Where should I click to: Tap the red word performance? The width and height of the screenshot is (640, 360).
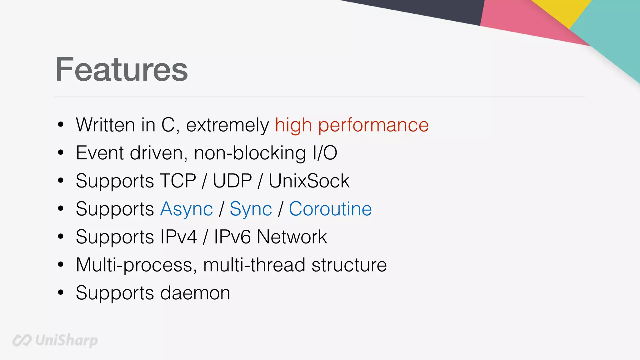[x=373, y=125]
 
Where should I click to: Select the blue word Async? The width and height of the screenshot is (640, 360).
[x=187, y=209]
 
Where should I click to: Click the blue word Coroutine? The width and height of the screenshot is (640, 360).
[x=330, y=209]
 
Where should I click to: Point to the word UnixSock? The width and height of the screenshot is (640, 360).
[x=309, y=181]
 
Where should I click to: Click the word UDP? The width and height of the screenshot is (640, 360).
[x=232, y=181]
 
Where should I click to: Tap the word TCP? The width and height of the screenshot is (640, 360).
[x=178, y=181]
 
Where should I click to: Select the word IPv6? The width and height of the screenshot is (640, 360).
[x=232, y=237]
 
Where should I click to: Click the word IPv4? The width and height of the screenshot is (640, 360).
[x=178, y=237]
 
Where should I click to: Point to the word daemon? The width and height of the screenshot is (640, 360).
[x=195, y=293]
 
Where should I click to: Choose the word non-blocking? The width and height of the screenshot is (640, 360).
[x=250, y=153]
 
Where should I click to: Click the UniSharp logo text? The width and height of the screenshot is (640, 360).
[x=66, y=340]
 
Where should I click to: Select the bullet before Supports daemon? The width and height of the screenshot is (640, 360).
[x=61, y=293]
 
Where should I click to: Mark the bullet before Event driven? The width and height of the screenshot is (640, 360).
[x=61, y=153]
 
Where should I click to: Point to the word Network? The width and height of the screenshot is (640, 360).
[x=292, y=237]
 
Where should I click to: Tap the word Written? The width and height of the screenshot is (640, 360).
[x=105, y=125]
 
